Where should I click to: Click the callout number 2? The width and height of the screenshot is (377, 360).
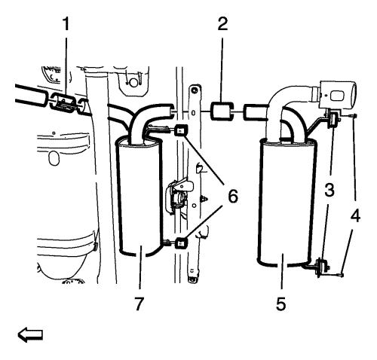[x=223, y=24]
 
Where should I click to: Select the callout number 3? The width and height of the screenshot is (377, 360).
[x=329, y=190]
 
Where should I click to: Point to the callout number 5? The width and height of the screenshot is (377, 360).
[x=281, y=304]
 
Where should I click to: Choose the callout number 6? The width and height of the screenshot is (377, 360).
[x=233, y=196]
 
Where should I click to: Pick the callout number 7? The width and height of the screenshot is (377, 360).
[x=139, y=304]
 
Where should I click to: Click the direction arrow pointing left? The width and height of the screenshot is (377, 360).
[x=30, y=334]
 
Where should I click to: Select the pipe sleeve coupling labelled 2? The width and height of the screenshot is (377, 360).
[x=222, y=111]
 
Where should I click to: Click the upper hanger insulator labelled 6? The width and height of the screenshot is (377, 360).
[x=180, y=130]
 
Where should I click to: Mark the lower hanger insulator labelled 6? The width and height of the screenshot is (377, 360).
[x=181, y=243]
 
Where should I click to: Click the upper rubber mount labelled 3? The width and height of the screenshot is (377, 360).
[x=334, y=120]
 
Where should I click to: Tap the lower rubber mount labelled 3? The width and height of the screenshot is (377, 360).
[x=322, y=267]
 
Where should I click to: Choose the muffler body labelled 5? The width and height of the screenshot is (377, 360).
[x=287, y=201]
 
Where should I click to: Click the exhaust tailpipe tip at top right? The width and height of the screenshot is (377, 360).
[x=338, y=94]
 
